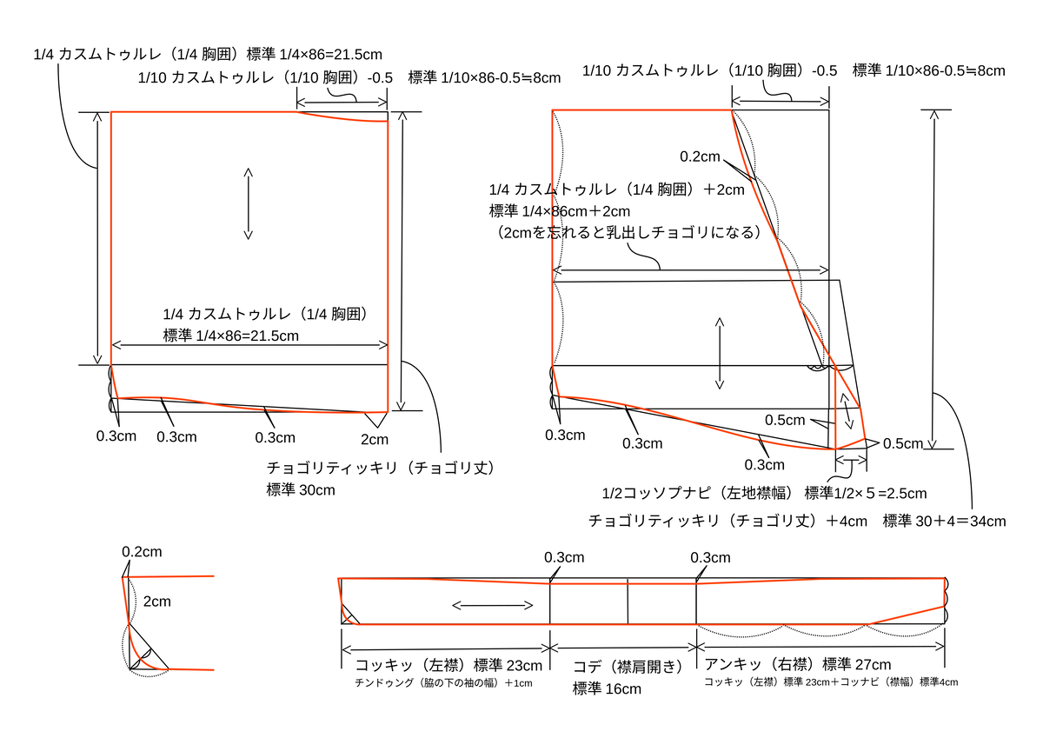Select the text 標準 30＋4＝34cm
[944, 522]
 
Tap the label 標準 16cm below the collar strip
[607, 688]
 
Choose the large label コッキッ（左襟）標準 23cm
[448, 666]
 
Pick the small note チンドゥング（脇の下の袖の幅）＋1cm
[443, 683]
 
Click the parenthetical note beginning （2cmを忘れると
[623, 232]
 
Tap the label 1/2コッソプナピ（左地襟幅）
[699, 494]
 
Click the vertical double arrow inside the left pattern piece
[249, 203]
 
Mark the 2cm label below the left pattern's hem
[375, 439]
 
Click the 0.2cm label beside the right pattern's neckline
[700, 156]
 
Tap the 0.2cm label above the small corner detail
[142, 551]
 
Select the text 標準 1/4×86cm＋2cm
[559, 211]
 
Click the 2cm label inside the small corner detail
[156, 601]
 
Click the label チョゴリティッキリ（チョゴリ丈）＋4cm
[727, 521]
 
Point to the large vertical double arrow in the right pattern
[720, 352]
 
